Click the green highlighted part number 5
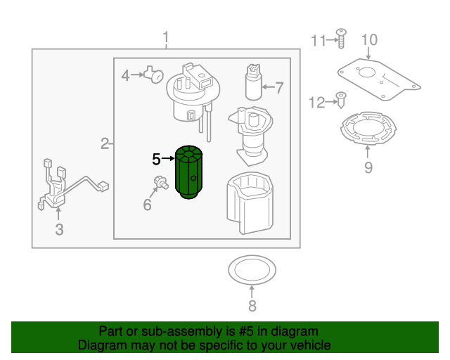[188, 172]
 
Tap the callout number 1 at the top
[166, 37]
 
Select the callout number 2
[104, 145]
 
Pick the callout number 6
[147, 205]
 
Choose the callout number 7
[278, 88]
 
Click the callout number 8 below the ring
[252, 305]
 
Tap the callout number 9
[368, 167]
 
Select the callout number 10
[370, 40]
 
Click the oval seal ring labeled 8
[252, 269]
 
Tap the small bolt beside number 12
[341, 100]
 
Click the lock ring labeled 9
[368, 129]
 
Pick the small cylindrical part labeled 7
[252, 83]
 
